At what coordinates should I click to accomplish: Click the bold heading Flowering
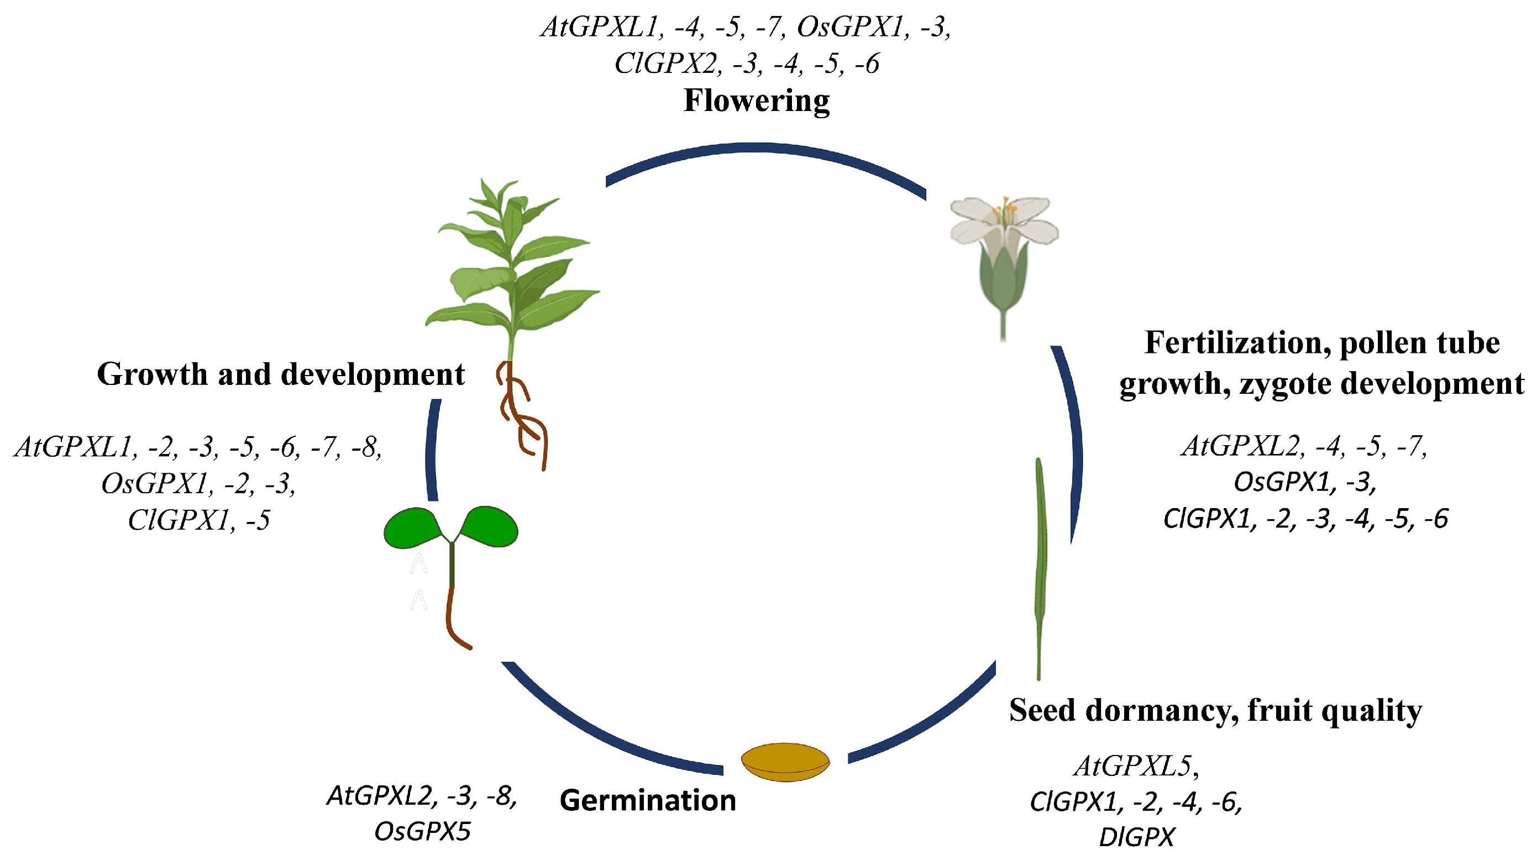756,100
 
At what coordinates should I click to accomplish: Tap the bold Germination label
647,800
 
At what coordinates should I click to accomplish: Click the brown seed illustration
785,762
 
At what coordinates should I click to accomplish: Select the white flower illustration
1004,239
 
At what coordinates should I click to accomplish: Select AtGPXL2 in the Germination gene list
379,796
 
